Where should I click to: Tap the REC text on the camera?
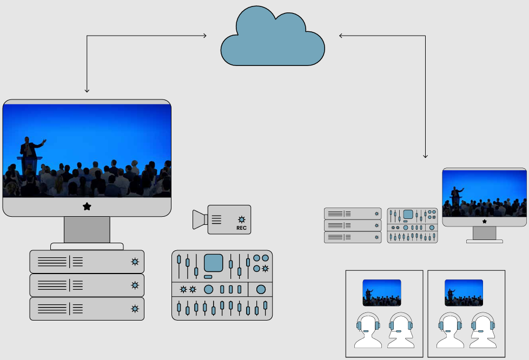click(241, 228)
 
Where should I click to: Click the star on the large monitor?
click(87, 206)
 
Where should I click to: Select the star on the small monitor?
click(484, 221)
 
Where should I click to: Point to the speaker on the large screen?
click(29, 148)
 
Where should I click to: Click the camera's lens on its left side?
click(200, 219)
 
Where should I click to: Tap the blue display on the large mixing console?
click(213, 263)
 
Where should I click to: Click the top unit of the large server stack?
click(87, 262)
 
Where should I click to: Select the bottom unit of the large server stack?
click(87, 309)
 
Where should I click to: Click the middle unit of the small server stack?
click(353, 225)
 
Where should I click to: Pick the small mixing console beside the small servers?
click(412, 225)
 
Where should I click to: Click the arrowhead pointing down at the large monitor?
click(87, 90)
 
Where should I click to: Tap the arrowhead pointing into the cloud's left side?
click(204, 36)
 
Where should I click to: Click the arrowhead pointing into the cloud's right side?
click(341, 36)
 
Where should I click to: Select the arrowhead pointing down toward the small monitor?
click(425, 156)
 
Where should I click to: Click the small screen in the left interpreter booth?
click(381, 292)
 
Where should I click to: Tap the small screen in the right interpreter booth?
click(464, 292)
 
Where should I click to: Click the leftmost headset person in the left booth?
click(368, 331)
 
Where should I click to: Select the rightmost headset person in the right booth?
click(483, 331)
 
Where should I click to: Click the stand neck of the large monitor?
click(87, 230)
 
